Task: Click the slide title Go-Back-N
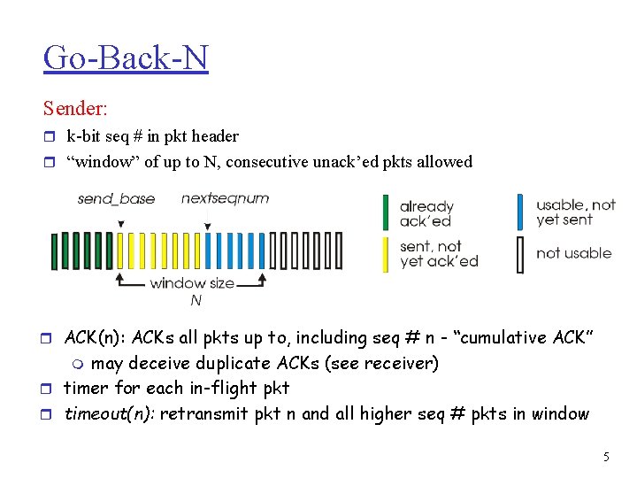(125, 58)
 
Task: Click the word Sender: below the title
(75, 109)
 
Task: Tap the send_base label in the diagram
(116, 198)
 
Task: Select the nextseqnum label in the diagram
(225, 198)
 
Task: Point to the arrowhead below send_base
(120, 224)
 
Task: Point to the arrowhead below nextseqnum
(206, 226)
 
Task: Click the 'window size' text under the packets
(192, 283)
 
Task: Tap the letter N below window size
(196, 301)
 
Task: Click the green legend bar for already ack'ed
(386, 212)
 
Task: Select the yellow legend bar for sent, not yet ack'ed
(386, 253)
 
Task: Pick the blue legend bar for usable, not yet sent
(520, 212)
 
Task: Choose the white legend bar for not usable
(520, 253)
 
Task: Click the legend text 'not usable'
(573, 253)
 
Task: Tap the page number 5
(606, 458)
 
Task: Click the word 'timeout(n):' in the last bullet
(110, 413)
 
